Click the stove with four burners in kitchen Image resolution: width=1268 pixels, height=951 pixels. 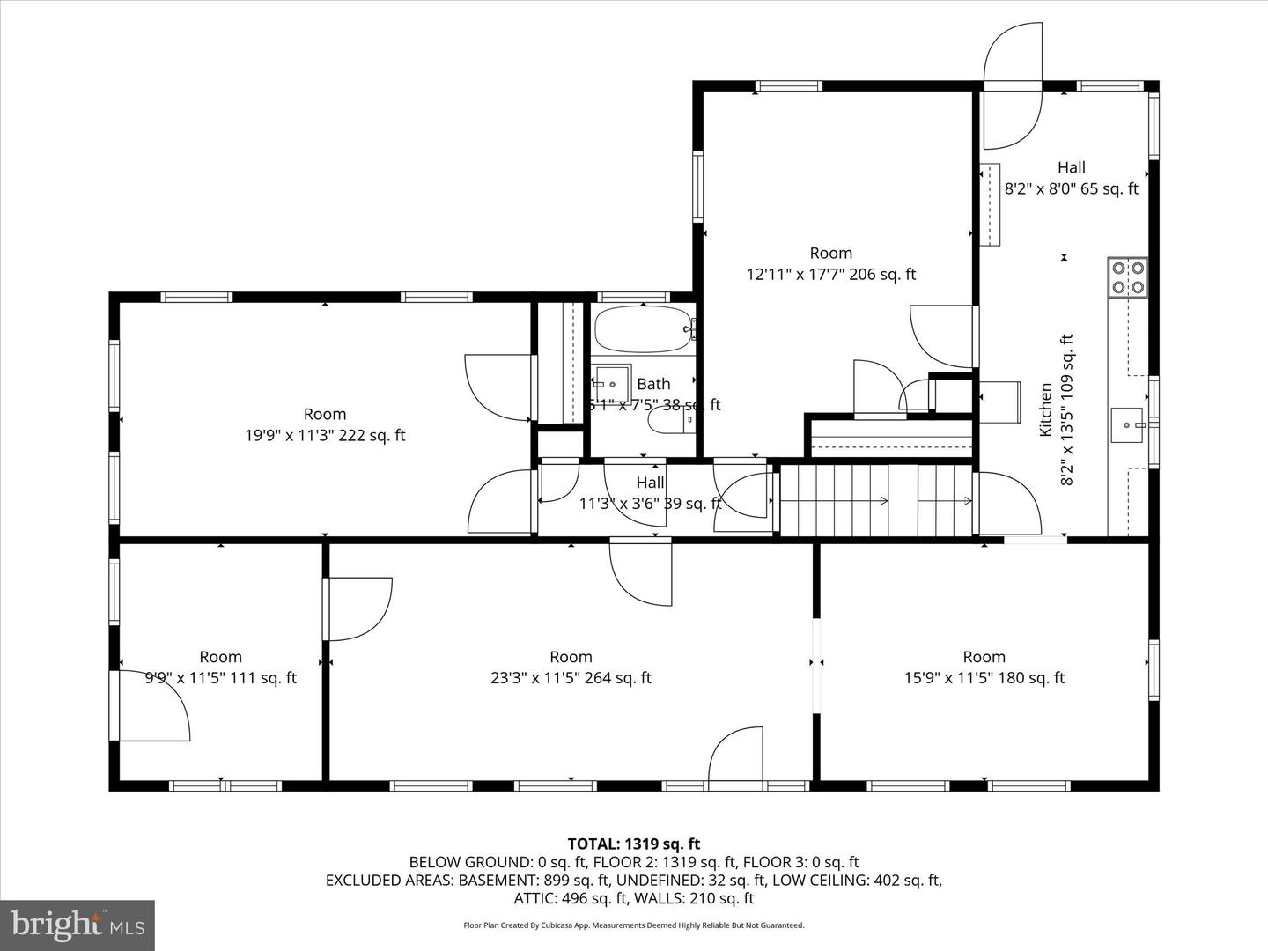tap(1127, 276)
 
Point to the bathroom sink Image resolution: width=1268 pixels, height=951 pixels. tap(610, 384)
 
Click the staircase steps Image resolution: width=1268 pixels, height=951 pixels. tap(876, 501)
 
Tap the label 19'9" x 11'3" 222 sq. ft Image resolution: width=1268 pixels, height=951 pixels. tap(325, 435)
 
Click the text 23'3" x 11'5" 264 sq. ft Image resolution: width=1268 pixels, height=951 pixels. tap(571, 678)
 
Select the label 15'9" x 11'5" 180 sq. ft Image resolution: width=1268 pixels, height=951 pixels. tap(984, 678)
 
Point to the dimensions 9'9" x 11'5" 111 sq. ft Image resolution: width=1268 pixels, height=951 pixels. tap(220, 678)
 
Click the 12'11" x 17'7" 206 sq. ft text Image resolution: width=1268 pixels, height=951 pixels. tap(830, 274)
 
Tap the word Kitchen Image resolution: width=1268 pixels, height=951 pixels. tap(1046, 409)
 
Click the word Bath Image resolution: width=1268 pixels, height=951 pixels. tap(653, 384)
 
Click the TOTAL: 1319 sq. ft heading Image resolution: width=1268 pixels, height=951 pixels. tap(633, 844)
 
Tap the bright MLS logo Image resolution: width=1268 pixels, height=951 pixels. tap(77, 925)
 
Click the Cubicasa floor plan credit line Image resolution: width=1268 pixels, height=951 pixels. tap(633, 925)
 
